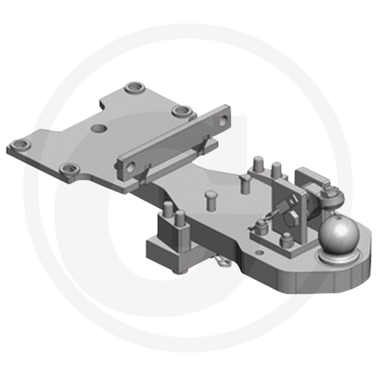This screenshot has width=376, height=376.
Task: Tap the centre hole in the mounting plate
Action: (99, 127)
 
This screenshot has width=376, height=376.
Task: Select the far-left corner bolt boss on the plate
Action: (20, 145)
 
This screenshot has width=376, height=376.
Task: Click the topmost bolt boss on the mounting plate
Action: (133, 89)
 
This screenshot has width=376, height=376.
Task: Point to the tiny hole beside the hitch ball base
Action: (257, 252)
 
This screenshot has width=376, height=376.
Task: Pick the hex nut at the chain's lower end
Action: (260, 226)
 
